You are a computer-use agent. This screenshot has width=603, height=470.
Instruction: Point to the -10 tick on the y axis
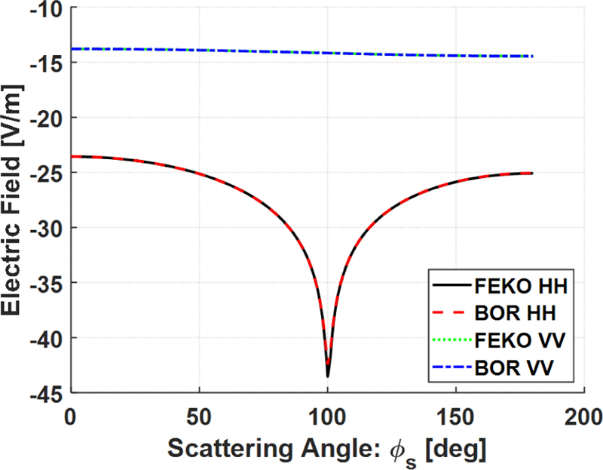click(47, 9)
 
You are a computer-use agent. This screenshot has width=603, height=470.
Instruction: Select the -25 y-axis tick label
click(47, 173)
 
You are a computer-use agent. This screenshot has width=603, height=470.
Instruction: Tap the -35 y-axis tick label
click(47, 283)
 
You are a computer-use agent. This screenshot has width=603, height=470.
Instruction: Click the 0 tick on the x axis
click(70, 414)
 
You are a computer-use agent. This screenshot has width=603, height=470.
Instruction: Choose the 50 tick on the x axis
click(199, 414)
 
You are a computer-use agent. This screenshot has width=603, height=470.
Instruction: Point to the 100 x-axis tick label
click(327, 414)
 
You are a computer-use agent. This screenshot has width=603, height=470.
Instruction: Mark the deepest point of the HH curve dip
click(328, 376)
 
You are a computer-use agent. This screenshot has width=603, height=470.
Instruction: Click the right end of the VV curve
click(533, 57)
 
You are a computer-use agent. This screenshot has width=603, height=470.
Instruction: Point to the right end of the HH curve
click(533, 174)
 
